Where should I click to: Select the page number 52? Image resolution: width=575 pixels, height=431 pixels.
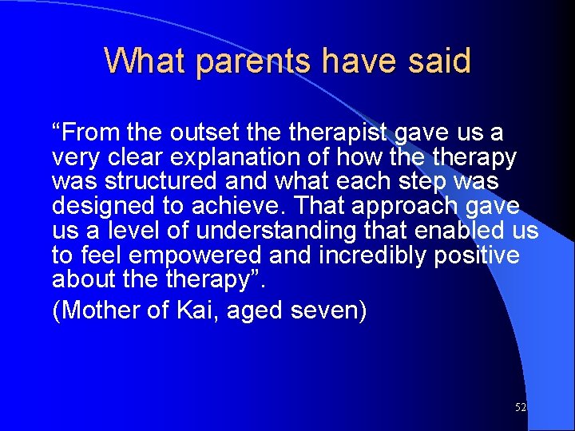tap(520, 408)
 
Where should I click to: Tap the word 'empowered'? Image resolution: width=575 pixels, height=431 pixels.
tap(196, 255)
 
